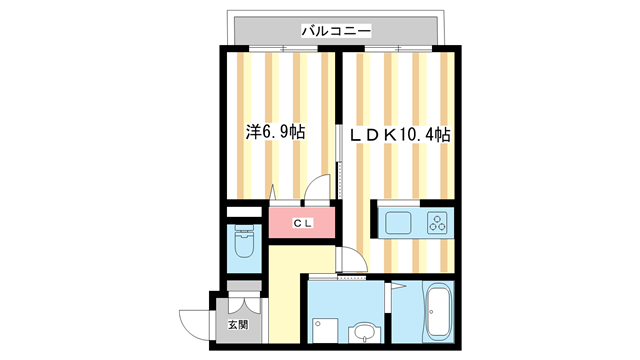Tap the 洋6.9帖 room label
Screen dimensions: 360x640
(x=276, y=132)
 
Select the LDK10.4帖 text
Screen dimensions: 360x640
(x=400, y=132)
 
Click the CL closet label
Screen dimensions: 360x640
(x=302, y=223)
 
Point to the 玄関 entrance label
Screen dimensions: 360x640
(x=237, y=325)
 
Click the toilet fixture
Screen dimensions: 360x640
(x=245, y=244)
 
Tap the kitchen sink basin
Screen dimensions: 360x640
(x=395, y=222)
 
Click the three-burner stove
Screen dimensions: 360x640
(x=438, y=222)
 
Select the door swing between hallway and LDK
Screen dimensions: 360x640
(x=353, y=261)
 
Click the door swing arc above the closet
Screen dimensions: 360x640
(x=317, y=191)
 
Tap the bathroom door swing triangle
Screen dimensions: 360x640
(x=393, y=300)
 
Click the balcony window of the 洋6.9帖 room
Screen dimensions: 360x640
(x=279, y=48)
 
